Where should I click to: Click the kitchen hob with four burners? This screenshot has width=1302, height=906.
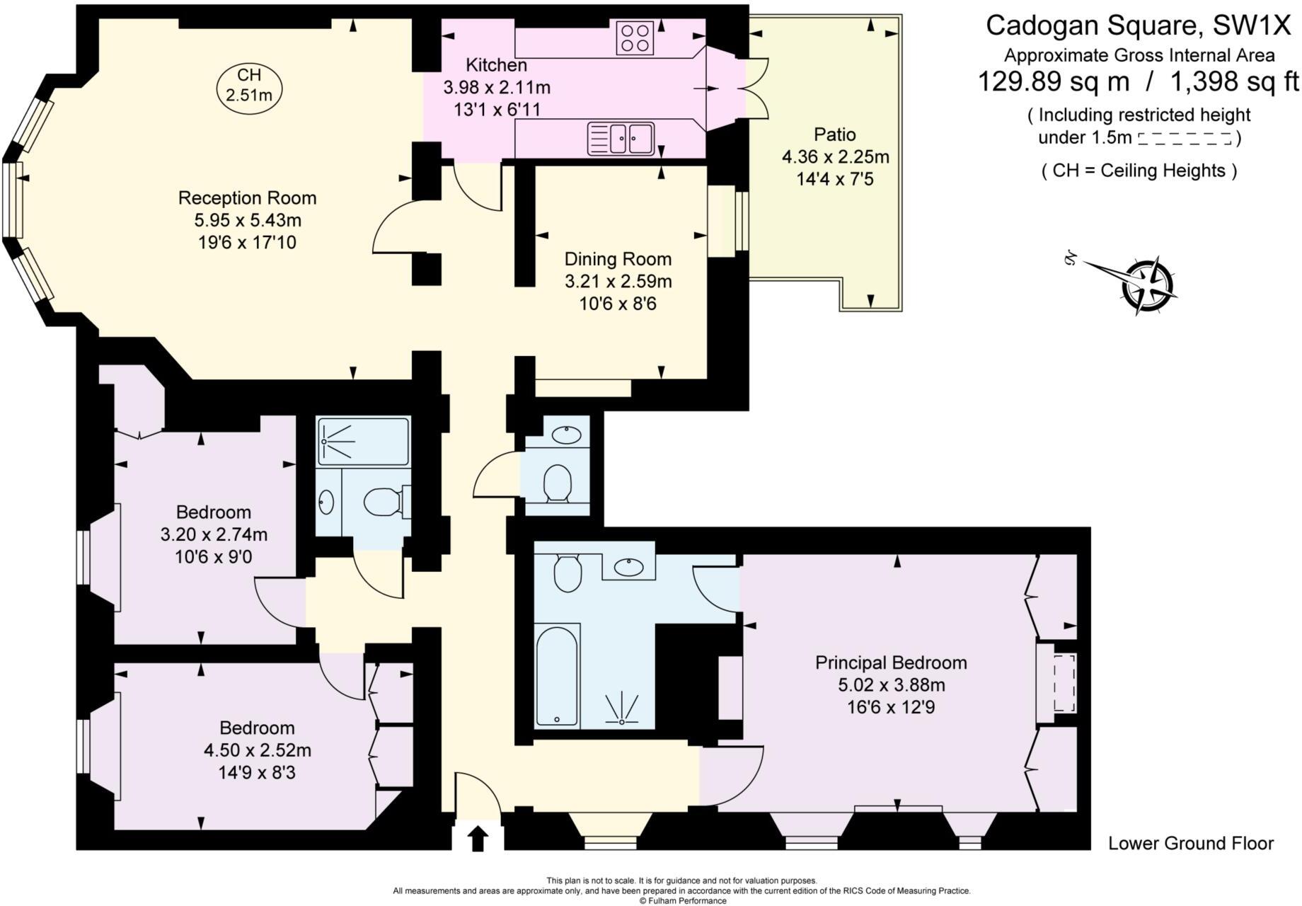point(634,38)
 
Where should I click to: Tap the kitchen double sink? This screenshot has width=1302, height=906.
point(621,139)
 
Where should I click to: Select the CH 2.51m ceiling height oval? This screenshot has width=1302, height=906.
point(248,86)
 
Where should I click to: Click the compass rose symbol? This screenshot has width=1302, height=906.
point(1148,285)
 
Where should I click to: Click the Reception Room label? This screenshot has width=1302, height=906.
point(247,198)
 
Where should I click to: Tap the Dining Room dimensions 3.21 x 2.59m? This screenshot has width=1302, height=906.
point(618,282)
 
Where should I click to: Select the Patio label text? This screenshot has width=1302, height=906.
point(834,134)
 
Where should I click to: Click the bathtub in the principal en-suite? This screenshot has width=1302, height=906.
point(558,676)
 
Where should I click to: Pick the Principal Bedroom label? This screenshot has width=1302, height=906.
point(891,663)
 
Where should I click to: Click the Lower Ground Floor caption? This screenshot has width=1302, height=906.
point(1190,843)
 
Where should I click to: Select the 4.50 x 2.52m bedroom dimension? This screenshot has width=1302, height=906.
point(257,750)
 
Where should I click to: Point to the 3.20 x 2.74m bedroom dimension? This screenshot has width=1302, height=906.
point(214,534)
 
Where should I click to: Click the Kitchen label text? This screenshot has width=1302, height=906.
point(496,65)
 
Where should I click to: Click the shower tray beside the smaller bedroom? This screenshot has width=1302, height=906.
point(363,441)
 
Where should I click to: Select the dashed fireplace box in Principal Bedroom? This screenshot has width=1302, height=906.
point(1064,683)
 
